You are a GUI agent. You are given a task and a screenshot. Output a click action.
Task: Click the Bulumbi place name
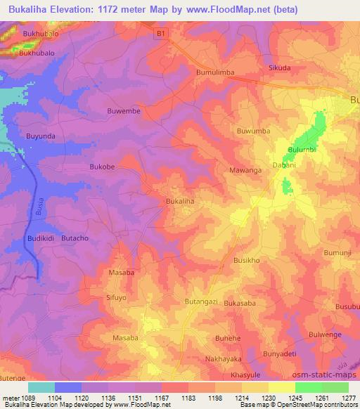(x=303, y=150)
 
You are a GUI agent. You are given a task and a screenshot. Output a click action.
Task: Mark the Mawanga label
(x=245, y=170)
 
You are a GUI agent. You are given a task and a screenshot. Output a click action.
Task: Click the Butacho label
(x=75, y=239)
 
